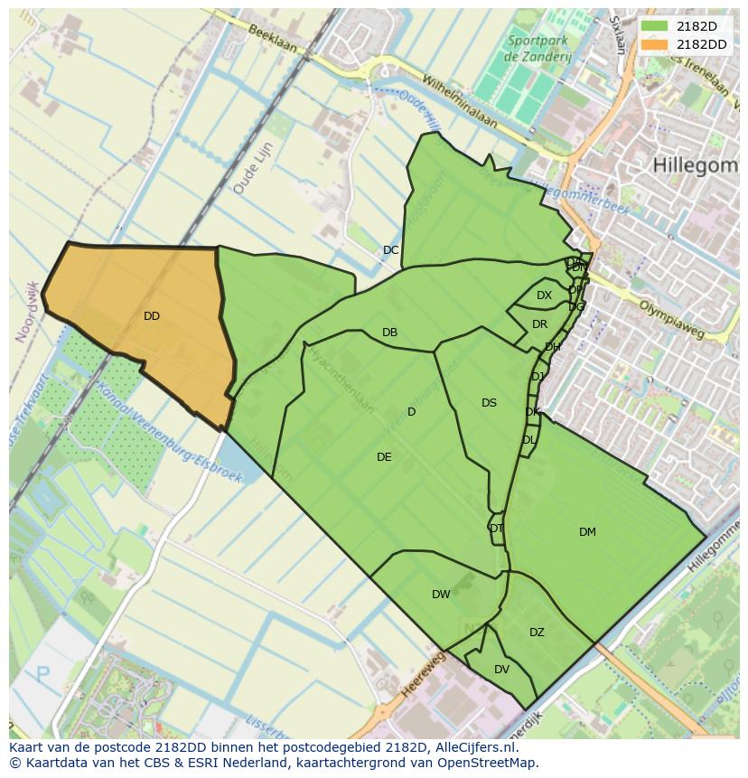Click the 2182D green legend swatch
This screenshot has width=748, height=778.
[656, 26]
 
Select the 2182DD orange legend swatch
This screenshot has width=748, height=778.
[656, 44]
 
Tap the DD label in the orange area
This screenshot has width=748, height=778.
[152, 316]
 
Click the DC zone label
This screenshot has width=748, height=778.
[390, 250]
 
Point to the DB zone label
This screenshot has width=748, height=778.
[389, 333]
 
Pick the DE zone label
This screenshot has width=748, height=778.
[384, 457]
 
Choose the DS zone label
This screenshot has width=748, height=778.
[489, 403]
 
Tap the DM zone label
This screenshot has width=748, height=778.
[587, 532]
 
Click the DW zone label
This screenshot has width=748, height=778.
[441, 595]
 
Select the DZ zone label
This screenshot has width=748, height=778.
[537, 633]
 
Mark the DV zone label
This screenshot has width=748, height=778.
[501, 670]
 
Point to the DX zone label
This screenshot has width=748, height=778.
[544, 295]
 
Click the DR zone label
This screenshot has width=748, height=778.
[539, 324]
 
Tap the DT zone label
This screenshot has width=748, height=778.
[496, 529]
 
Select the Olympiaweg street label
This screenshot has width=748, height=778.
[670, 319]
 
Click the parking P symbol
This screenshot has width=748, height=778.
[42, 675]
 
